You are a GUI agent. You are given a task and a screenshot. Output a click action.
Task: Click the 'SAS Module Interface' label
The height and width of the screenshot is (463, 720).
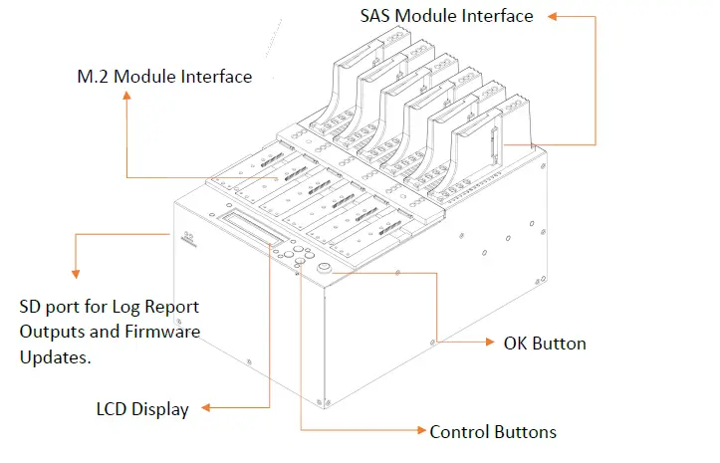[446, 16]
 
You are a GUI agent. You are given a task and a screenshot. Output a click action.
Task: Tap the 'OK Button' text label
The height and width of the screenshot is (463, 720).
[545, 344]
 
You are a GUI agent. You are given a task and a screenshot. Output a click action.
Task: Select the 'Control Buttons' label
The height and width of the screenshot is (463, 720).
[493, 432]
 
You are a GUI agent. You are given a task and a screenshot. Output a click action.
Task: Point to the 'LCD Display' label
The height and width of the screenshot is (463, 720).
[144, 408]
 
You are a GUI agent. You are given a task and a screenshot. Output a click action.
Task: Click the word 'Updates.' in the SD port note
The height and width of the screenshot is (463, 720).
[56, 356]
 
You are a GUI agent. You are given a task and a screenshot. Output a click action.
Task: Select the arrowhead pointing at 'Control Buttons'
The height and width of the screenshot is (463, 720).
[419, 432]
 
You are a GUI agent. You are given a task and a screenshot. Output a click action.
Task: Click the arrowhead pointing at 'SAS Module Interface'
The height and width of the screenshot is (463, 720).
[554, 16]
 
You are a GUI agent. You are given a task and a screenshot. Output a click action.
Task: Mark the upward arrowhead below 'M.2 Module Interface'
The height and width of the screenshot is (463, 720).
[126, 96]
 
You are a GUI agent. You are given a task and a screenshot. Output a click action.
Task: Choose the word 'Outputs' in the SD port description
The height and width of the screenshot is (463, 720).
[52, 331]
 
